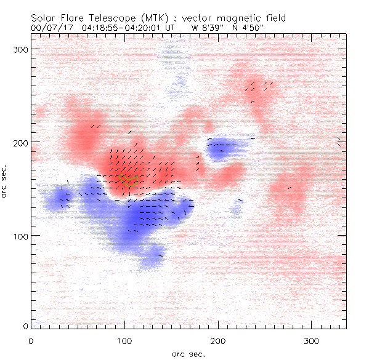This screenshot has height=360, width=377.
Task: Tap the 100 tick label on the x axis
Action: pyautogui.click(x=125, y=340)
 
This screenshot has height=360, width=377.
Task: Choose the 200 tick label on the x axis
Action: pyautogui.click(x=219, y=340)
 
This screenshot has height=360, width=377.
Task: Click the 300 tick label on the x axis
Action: pyautogui.click(x=312, y=340)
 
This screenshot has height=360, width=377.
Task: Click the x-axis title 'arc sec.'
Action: pyautogui.click(x=188, y=353)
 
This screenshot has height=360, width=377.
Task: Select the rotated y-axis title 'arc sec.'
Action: pyautogui.click(x=6, y=181)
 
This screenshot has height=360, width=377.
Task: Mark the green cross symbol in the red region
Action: pyautogui.click(x=130, y=182)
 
